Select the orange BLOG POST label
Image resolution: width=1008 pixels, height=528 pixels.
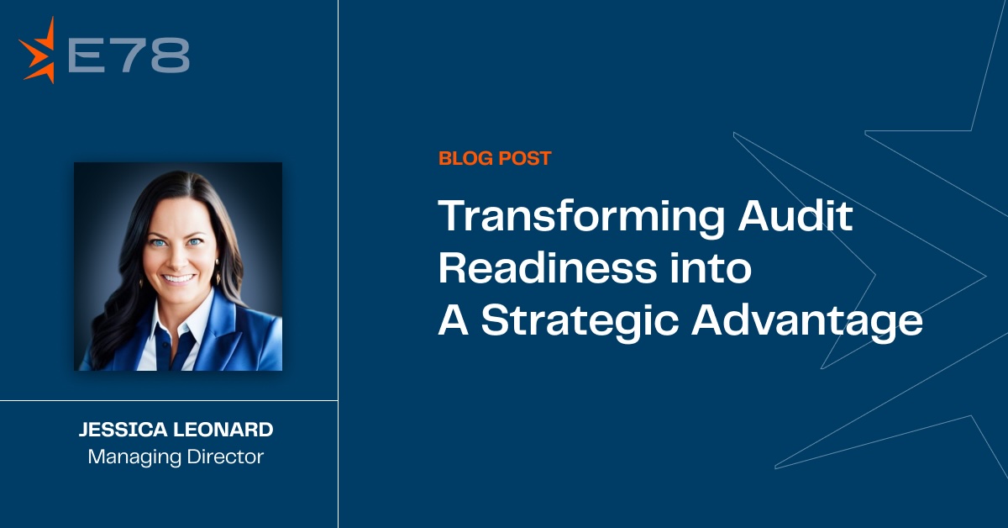[495, 157]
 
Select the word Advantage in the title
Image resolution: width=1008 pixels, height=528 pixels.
[807, 321]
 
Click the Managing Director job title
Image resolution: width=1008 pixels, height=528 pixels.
[176, 457]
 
